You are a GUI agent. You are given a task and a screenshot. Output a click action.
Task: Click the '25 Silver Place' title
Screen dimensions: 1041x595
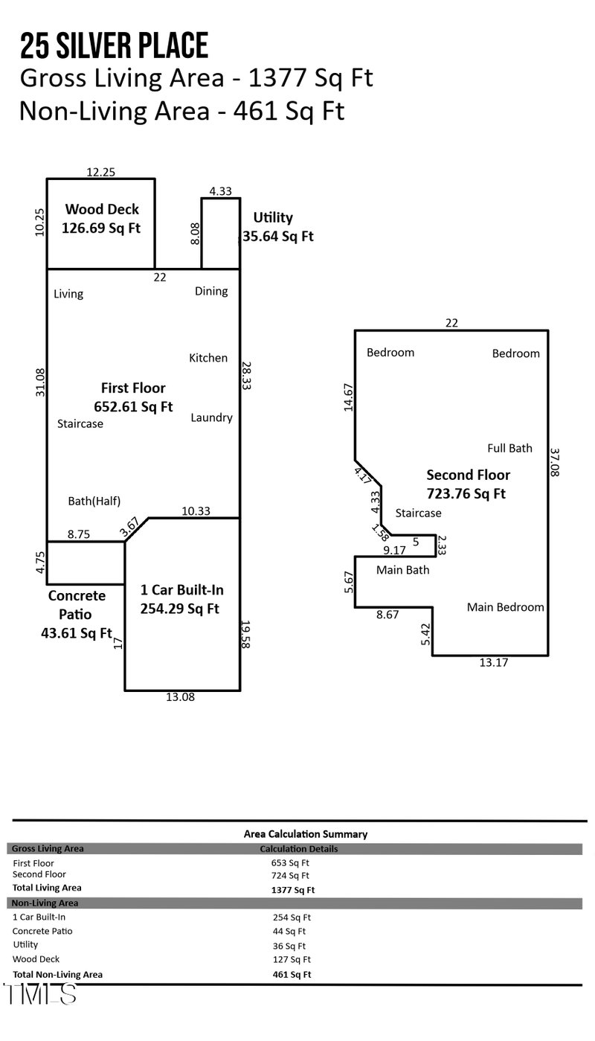coord(114,46)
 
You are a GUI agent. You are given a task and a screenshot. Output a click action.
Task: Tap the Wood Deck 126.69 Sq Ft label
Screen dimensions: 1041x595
coord(102,219)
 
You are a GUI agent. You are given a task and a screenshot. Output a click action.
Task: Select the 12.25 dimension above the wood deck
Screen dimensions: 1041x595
coord(100,172)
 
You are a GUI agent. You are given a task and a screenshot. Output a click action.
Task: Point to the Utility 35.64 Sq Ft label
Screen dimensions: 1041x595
coord(275,227)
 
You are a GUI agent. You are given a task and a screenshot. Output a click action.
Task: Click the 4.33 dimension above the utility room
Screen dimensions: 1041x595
coord(221,191)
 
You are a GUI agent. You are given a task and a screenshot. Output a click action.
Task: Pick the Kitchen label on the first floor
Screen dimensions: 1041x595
coord(208,358)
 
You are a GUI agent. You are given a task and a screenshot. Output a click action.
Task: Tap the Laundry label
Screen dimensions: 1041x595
coord(211,417)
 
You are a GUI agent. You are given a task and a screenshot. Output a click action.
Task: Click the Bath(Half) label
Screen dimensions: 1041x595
coord(94,501)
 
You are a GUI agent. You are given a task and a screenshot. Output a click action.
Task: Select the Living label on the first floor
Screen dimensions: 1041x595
coord(68,294)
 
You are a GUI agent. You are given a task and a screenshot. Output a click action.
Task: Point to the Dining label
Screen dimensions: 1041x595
coord(211,291)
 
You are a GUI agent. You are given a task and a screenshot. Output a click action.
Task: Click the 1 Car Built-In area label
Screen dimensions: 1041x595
coord(181,599)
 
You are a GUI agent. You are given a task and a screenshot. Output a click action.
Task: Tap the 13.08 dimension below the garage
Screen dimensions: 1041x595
coord(182,698)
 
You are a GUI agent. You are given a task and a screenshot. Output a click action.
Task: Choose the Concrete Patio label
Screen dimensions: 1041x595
coord(77,615)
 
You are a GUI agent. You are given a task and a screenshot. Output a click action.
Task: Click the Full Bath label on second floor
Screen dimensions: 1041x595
coord(509,448)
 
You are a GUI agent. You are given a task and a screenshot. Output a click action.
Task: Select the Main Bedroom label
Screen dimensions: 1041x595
coord(505,607)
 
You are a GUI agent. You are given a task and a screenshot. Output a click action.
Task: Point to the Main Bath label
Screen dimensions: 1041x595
coord(402,570)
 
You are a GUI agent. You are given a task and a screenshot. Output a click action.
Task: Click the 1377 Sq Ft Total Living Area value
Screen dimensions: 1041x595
coord(293,889)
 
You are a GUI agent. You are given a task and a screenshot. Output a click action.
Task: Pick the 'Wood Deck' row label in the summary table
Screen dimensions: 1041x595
coord(37,959)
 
